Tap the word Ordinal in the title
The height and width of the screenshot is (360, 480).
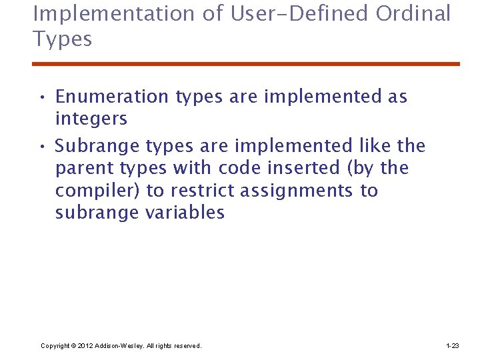click(414, 13)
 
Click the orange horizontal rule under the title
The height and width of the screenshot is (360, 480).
click(246, 64)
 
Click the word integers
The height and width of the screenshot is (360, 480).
click(91, 119)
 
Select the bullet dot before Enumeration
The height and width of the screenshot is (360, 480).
click(41, 98)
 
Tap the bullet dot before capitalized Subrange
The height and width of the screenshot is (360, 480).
click(41, 147)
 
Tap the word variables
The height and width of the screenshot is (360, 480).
click(185, 213)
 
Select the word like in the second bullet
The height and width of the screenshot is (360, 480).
click(374, 145)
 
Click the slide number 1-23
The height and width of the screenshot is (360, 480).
click(452, 345)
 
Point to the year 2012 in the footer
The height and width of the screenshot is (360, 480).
click(85, 345)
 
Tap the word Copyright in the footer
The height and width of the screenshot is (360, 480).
click(55, 345)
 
